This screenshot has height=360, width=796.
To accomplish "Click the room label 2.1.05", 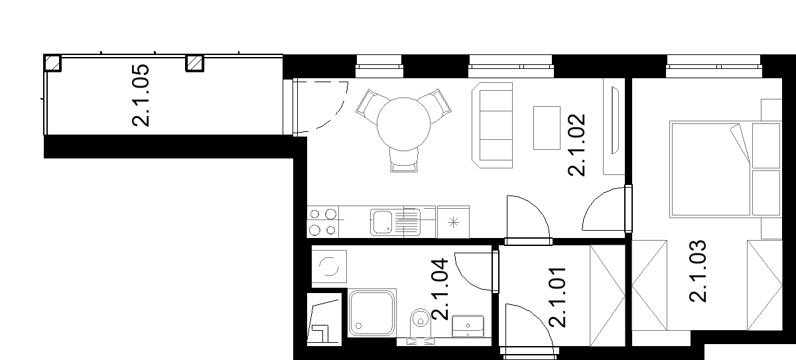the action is [141, 95].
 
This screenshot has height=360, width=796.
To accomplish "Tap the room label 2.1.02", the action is [576, 145].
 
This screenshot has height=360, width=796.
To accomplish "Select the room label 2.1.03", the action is [698, 271].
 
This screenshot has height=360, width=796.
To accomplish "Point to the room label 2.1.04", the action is [440, 289].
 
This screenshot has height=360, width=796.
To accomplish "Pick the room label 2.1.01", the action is [557, 298].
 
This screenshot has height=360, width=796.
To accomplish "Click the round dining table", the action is [403, 124].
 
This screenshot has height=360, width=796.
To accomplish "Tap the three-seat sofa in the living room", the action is [492, 125].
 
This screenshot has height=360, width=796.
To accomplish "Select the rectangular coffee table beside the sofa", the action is [547, 128].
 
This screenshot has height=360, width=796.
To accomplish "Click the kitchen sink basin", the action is [382, 223].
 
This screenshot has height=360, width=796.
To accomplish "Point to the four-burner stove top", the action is [322, 222].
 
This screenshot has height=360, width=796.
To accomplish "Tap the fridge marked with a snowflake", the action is [453, 222].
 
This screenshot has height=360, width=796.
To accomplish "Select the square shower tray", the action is [371, 313].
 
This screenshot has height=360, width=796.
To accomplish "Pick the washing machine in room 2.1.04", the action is [329, 267].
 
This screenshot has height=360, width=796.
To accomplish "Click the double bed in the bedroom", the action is [725, 169].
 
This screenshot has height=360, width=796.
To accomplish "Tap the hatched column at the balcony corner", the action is [52, 63].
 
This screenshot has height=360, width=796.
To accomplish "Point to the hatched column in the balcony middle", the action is [195, 63].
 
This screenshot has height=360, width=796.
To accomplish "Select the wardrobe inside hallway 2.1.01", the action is [608, 296].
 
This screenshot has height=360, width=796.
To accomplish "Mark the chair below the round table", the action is [404, 160].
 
